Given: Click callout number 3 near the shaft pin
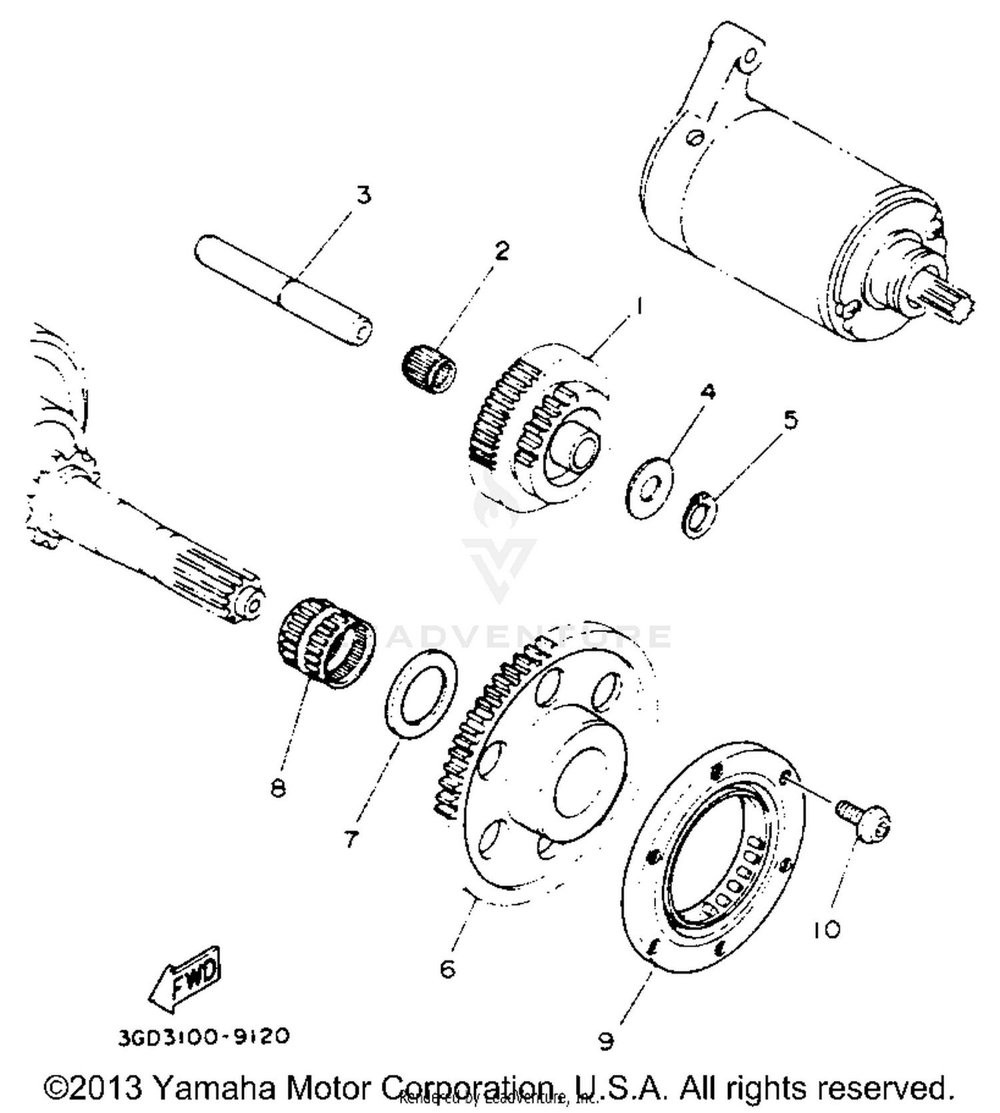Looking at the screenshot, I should coord(363,196).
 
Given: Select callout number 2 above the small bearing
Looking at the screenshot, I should coord(501,251).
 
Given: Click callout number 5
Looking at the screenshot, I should coord(790,420).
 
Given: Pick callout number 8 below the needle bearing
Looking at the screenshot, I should coord(278,788).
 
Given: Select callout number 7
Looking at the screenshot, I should coord(351,838).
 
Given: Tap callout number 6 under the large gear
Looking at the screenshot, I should coord(447,968).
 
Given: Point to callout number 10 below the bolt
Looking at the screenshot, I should coord(827,929).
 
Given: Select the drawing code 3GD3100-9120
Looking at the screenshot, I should coord(204,1037).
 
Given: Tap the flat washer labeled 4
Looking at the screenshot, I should coord(649,488).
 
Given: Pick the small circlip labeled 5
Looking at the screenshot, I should coord(697,514).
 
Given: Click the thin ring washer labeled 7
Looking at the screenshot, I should coord(421,695).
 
